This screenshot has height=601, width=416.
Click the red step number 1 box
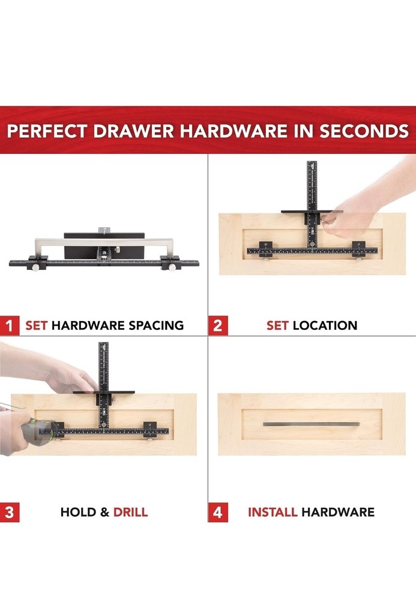pyautogui.click(x=10, y=326)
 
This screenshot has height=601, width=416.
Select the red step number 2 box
pyautogui.click(x=217, y=326)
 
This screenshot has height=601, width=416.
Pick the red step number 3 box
pyautogui.click(x=10, y=513)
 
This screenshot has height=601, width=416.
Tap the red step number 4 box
pyautogui.click(x=217, y=513)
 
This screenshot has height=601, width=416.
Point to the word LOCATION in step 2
pyautogui.click(x=325, y=326)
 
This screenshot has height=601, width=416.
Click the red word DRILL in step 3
pyautogui.click(x=130, y=513)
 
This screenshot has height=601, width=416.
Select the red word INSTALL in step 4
pyautogui.click(x=273, y=513)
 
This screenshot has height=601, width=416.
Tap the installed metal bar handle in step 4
pyautogui.click(x=312, y=424)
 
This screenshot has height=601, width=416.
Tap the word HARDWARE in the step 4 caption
pyautogui.click(x=338, y=513)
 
